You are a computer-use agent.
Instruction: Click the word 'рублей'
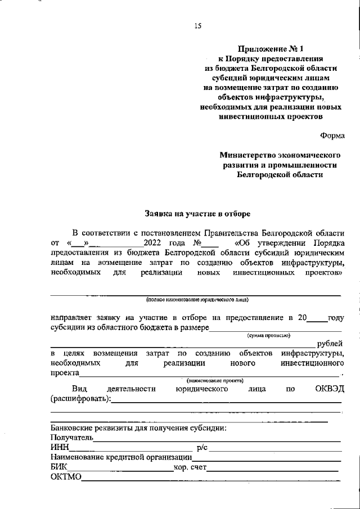[x=330, y=344]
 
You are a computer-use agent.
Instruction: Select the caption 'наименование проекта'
[x=211, y=381]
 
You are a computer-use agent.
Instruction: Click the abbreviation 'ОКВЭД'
[x=329, y=389]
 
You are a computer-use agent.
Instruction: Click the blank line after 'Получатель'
[x=217, y=438]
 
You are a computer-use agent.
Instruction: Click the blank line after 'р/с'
[x=276, y=449]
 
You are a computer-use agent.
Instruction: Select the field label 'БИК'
[x=58, y=467]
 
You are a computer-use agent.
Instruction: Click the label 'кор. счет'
[x=191, y=467]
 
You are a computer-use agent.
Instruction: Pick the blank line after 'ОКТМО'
[x=211, y=478]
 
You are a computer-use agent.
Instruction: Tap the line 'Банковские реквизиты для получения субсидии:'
[x=138, y=428]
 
